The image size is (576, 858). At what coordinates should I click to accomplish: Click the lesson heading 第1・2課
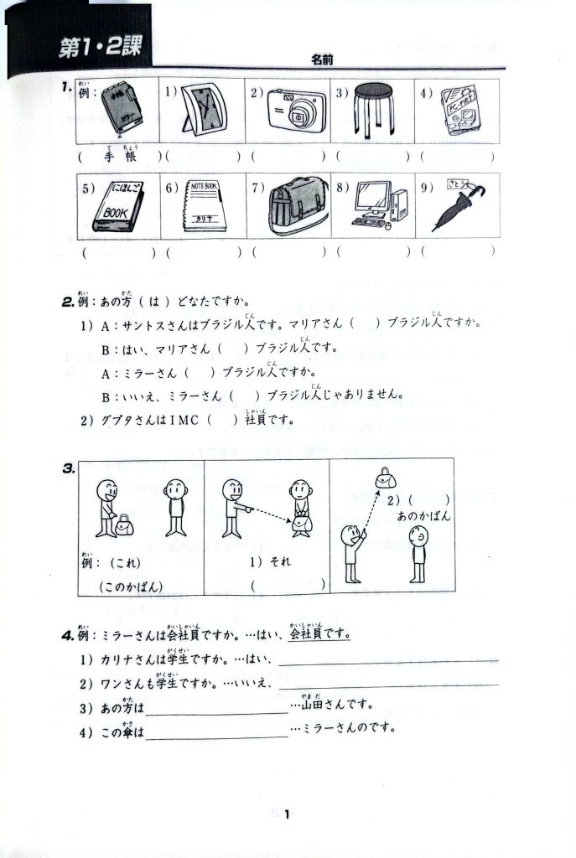99,49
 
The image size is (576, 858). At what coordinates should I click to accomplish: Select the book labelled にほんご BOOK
121,206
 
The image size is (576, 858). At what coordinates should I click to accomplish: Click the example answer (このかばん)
132,587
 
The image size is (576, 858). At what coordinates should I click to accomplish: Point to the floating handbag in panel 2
387,478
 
